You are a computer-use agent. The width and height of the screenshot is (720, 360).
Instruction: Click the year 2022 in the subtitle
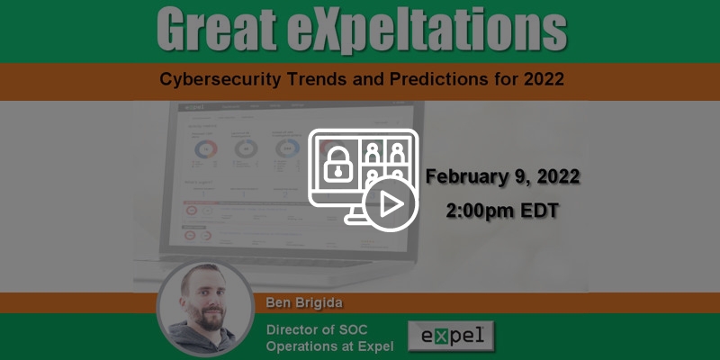pyautogui.click(x=540, y=79)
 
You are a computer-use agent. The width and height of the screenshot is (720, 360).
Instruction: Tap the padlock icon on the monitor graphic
pyautogui.click(x=335, y=165)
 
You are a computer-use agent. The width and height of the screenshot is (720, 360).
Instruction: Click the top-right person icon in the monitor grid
pyautogui.click(x=396, y=149)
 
